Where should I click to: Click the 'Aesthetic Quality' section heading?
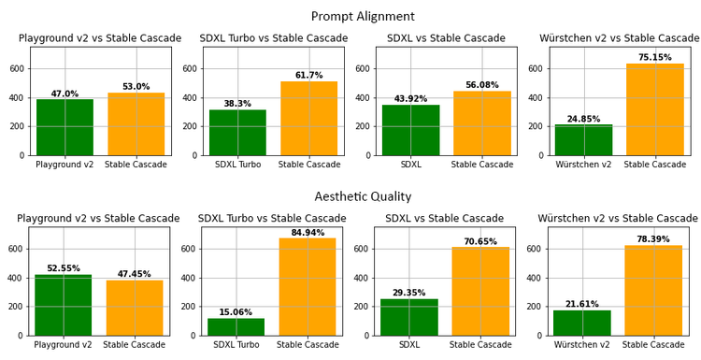tap(363, 196)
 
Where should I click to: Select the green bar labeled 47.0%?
tap(64, 127)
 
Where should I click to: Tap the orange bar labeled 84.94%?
tap(308, 286)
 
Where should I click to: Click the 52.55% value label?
tap(64, 268)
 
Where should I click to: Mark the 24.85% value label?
tap(583, 119)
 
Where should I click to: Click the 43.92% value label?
tap(410, 99)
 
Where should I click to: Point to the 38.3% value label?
tap(236, 104)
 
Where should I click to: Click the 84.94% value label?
tap(308, 233)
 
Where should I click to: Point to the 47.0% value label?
tap(64, 94)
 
